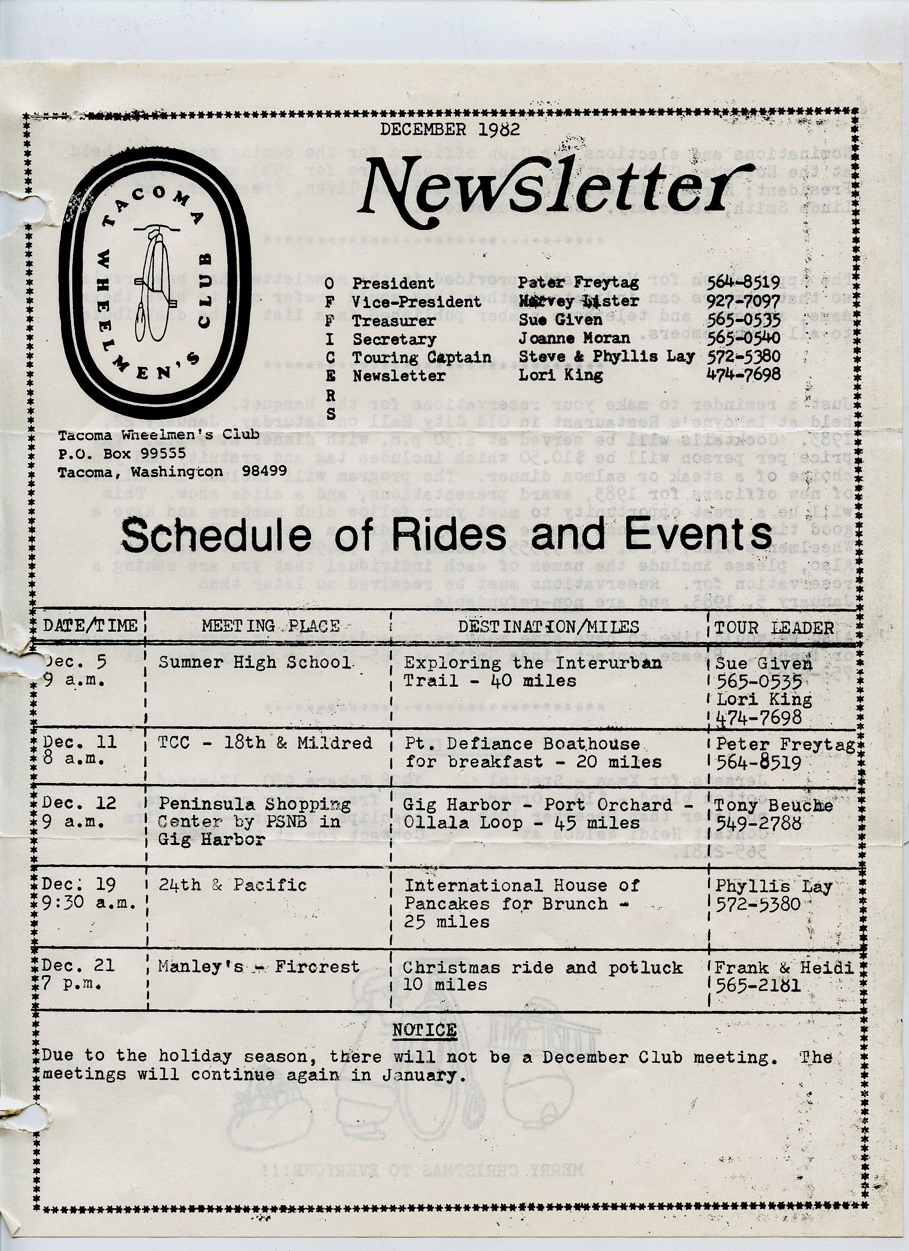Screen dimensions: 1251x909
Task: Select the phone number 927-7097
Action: pyautogui.click(x=743, y=302)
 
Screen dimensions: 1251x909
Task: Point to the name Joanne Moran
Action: pyautogui.click(x=574, y=338)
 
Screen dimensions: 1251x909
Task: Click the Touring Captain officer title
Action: pyautogui.click(x=421, y=357)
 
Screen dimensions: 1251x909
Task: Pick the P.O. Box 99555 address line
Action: pyautogui.click(x=122, y=453)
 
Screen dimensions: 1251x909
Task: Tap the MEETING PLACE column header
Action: pyautogui.click(x=270, y=626)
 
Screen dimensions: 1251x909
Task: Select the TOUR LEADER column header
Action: pyautogui.click(x=774, y=627)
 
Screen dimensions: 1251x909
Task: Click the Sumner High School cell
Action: pyautogui.click(x=255, y=662)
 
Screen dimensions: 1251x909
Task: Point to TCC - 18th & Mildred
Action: pyautogui.click(x=265, y=743)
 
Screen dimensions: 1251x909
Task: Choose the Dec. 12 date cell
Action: pyautogui.click(x=80, y=803)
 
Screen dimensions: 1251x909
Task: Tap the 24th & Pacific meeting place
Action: pyautogui.click(x=232, y=885)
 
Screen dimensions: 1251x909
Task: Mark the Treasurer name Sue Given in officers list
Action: pyautogui.click(x=560, y=320)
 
